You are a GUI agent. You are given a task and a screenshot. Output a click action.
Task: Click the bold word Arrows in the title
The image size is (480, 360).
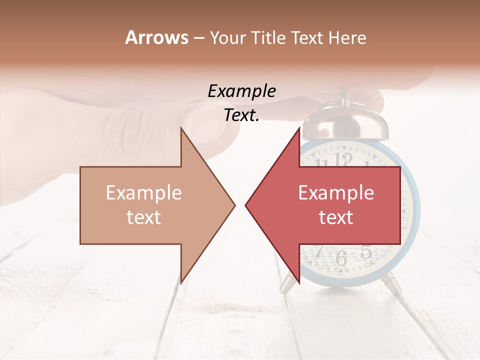pyautogui.click(x=157, y=37)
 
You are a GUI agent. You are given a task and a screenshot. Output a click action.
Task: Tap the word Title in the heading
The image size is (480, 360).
pyautogui.click(x=269, y=37)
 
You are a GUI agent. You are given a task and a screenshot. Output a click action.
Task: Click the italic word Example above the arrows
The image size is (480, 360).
pyautogui.click(x=241, y=91)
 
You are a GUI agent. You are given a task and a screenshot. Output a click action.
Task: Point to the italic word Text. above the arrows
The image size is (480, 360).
pyautogui.click(x=241, y=115)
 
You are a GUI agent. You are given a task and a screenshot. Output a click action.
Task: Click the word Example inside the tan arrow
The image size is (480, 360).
pyautogui.click(x=144, y=193)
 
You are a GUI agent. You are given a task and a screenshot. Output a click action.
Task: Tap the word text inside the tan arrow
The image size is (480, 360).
pyautogui.click(x=144, y=217)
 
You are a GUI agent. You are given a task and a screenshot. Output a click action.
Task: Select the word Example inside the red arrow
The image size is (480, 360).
pyautogui.click(x=336, y=193)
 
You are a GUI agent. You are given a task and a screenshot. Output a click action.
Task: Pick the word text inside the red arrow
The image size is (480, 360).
pyautogui.click(x=336, y=217)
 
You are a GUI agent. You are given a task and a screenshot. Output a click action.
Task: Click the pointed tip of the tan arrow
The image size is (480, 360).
pyautogui.click(x=234, y=205)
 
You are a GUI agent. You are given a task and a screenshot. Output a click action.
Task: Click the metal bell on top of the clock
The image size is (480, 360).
pyautogui.click(x=345, y=122)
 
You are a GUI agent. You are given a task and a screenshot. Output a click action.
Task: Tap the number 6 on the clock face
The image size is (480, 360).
pyautogui.click(x=341, y=258)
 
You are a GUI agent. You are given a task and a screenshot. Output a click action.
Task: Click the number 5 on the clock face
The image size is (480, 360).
pyautogui.click(x=366, y=252)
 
